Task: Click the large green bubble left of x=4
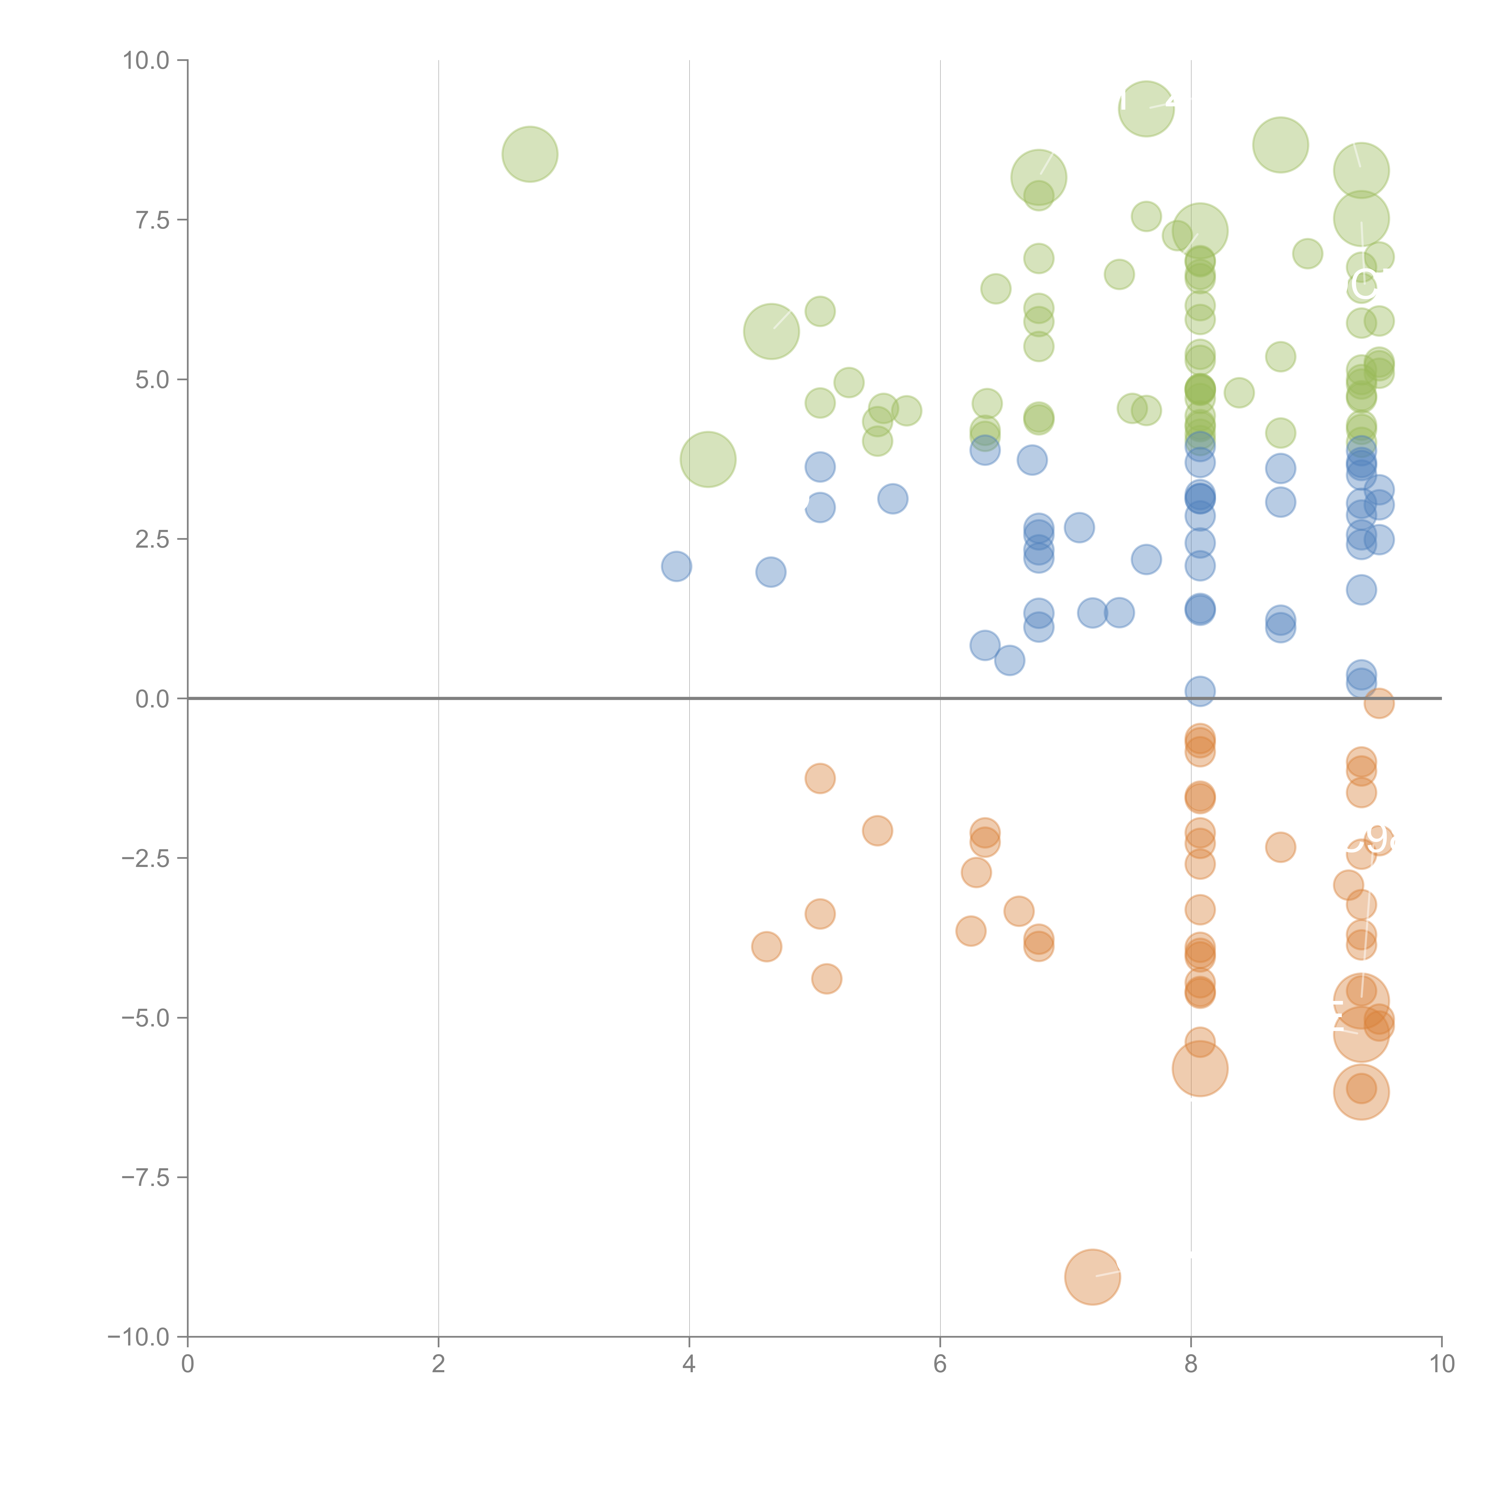pos(529,154)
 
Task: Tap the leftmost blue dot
pos(677,566)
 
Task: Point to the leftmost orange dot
pos(767,946)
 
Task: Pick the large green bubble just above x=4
pos(707,460)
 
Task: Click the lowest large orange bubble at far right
pos(1361,1092)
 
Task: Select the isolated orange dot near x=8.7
pos(1280,847)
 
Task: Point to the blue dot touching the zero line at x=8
pos(1199,690)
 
